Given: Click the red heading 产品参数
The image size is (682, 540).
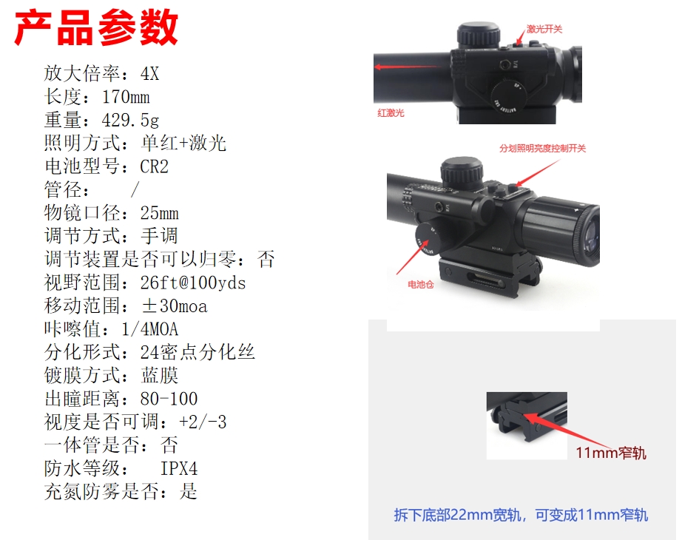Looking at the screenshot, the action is pos(96,28).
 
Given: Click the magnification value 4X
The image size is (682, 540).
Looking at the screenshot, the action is pos(149,73).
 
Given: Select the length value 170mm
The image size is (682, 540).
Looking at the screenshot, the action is pos(126,97).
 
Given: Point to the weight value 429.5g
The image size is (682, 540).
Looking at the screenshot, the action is pos(130,120).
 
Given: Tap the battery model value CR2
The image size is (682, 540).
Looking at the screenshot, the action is pos(154,166).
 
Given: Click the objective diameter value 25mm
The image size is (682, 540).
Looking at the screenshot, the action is pos(159,213).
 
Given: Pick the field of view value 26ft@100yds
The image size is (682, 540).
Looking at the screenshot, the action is pos(192,283).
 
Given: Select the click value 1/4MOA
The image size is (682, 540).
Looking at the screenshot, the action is pos(149,329).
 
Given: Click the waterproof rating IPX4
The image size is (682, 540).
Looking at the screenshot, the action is pos(179,469).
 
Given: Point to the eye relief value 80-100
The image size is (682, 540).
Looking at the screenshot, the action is pos(169,399).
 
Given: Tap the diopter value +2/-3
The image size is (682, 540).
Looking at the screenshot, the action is pos(202,422).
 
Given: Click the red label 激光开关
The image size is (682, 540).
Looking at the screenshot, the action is pos(544,29).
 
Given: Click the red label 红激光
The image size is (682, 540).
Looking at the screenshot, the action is pos(391,113).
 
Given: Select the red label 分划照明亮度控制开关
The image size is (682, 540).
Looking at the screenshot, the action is pos(542,149).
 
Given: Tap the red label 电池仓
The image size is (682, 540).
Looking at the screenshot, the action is pos(421,285).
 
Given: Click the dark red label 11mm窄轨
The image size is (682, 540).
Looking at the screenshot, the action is pos(611,453).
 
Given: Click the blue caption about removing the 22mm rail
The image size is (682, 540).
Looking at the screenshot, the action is pos(521,515).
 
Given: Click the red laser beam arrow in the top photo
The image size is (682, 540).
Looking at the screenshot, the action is pos(406,67).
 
